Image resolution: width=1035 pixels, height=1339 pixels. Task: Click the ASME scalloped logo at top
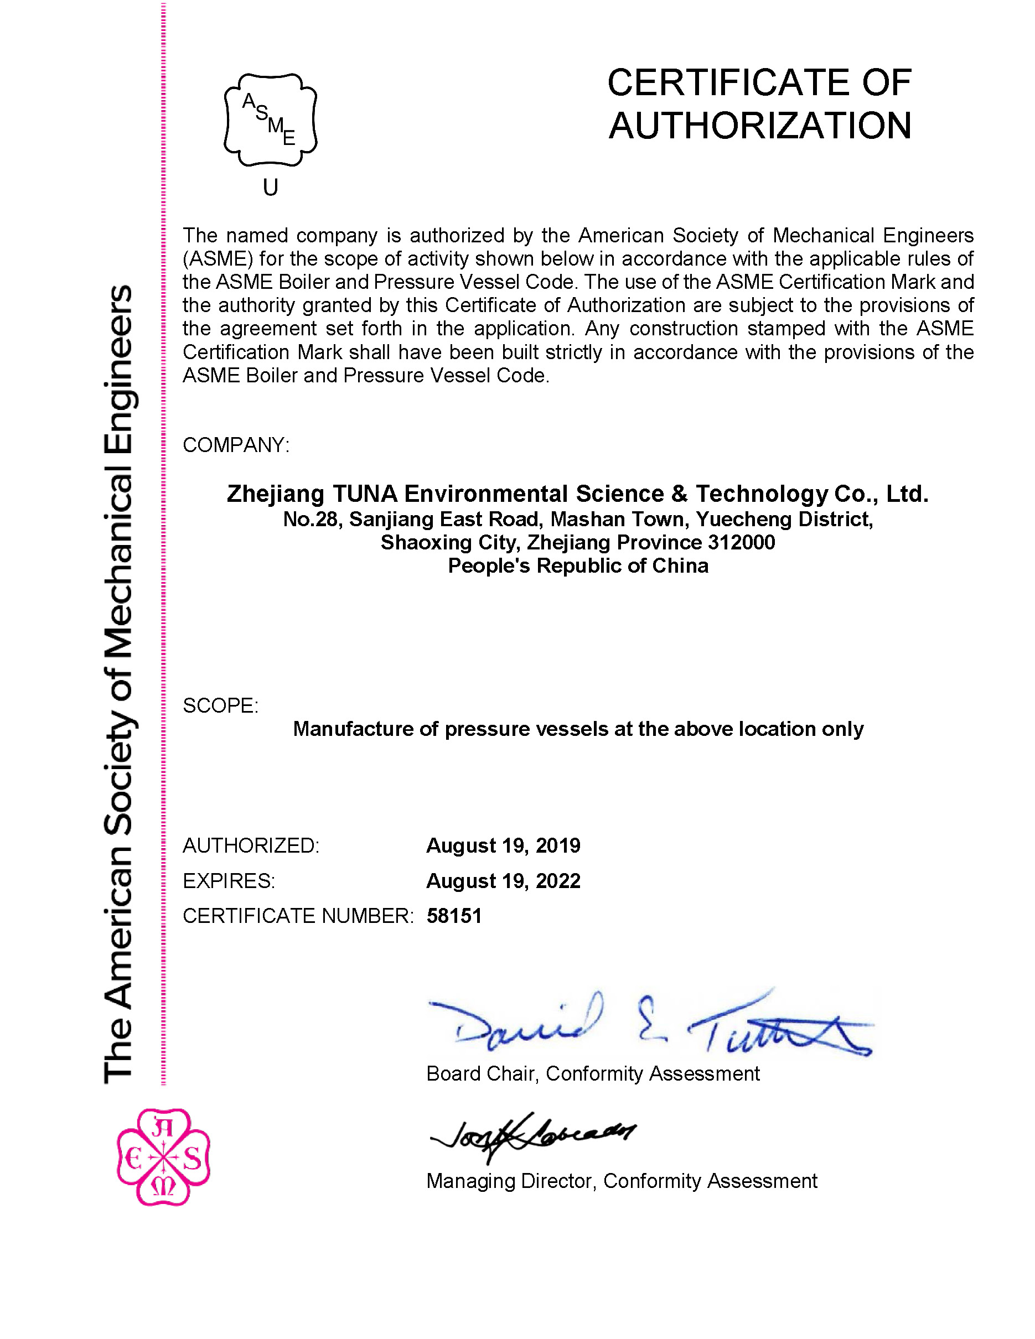tap(271, 120)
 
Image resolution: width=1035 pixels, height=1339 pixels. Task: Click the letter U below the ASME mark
tap(271, 187)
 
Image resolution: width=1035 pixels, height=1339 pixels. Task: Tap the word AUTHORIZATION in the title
tap(760, 126)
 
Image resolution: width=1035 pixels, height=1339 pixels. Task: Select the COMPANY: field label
tap(235, 445)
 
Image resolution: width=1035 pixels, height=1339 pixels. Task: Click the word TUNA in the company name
tap(364, 494)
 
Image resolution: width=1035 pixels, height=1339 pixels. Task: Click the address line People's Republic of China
tap(578, 565)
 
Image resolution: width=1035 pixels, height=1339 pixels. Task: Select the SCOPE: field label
tap(220, 705)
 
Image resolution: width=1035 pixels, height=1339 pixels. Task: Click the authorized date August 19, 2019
tap(503, 845)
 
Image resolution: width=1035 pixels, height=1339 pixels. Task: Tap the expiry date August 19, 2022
tap(503, 881)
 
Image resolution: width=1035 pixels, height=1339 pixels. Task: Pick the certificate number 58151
tap(454, 916)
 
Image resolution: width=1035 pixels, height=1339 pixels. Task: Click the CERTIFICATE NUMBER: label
tap(298, 916)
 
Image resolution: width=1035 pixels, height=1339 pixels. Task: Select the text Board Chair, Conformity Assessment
tap(592, 1073)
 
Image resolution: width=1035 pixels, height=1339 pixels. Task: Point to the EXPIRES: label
tap(229, 881)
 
